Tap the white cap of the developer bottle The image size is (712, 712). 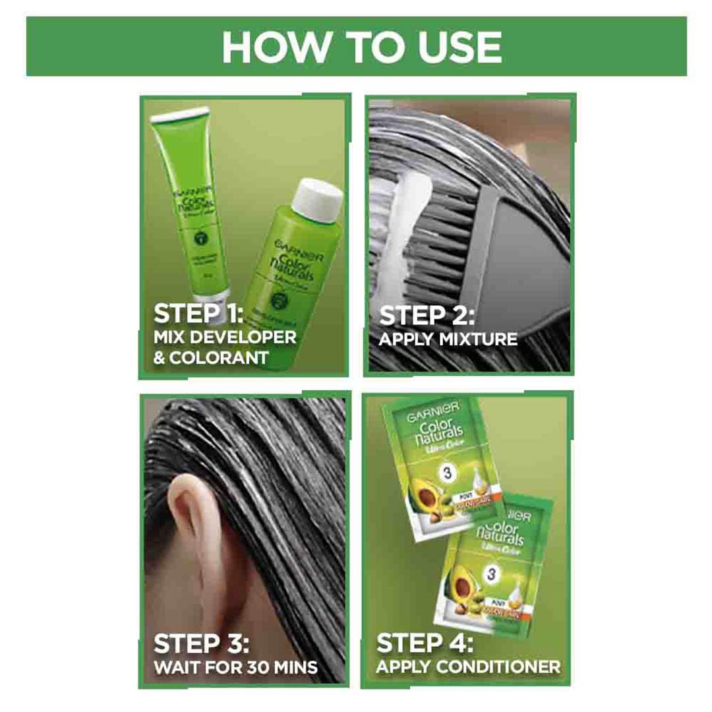coord(319,195)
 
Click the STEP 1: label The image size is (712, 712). coord(198,313)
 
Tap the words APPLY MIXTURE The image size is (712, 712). coord(448,340)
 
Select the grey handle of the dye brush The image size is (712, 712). coord(527,244)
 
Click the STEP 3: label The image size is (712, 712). coord(200,643)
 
